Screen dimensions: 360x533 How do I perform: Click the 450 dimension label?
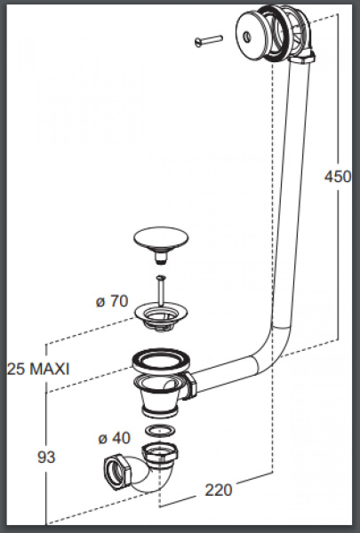[338, 177]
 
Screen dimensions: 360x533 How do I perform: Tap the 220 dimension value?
[219, 489]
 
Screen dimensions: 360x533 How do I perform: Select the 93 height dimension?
[46, 457]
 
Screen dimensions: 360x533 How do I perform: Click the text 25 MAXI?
[38, 369]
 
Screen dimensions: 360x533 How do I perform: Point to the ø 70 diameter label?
[112, 301]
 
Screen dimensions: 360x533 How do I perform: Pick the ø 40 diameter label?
[115, 438]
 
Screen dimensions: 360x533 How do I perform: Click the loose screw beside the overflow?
[209, 41]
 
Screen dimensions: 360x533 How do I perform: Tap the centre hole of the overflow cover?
[247, 36]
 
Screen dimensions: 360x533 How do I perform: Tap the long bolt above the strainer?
[161, 290]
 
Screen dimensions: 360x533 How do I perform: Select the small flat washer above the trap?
[160, 430]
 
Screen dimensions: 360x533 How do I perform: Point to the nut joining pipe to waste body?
[191, 386]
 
